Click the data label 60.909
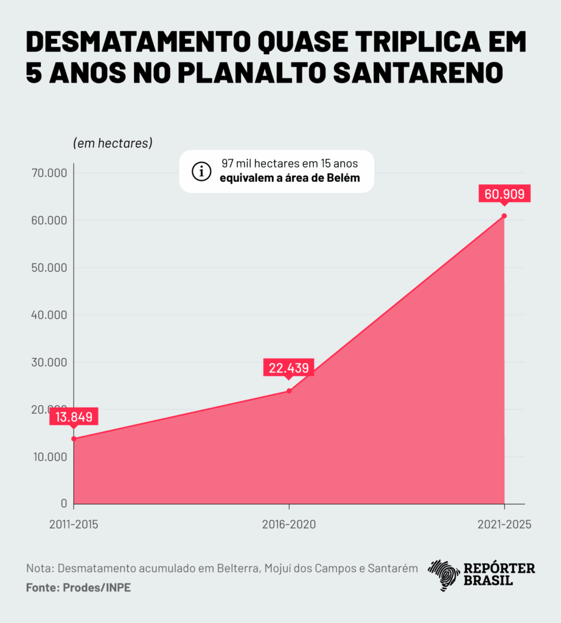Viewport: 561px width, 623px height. tap(504, 194)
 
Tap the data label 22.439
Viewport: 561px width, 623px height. tap(289, 368)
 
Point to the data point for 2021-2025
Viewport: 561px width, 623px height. tap(504, 216)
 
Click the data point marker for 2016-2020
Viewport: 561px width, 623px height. tap(289, 391)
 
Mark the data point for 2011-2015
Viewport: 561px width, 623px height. tap(74, 439)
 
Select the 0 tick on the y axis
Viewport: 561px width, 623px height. tap(63, 504)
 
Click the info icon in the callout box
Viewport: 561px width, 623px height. tap(201, 172)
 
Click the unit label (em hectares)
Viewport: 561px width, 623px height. tap(113, 144)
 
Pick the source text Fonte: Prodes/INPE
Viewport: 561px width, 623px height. tap(78, 588)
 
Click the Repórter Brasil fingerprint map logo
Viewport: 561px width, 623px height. tap(444, 575)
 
